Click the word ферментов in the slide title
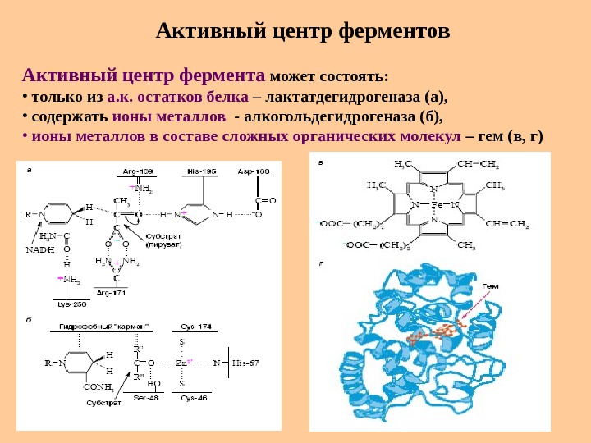(x=392, y=32)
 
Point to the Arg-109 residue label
(x=138, y=171)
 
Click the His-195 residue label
(x=201, y=171)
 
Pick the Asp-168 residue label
(x=254, y=171)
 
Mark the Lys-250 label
(x=71, y=304)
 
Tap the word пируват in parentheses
(x=163, y=245)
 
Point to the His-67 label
(x=245, y=362)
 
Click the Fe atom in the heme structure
(x=436, y=203)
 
